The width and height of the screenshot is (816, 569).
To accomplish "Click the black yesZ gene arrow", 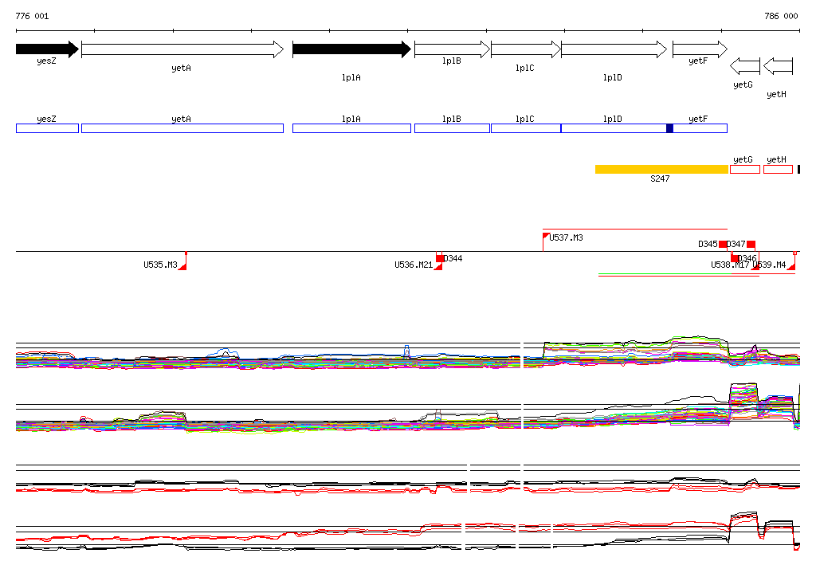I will [x=46, y=49].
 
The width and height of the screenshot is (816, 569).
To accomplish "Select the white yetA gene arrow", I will [x=182, y=49].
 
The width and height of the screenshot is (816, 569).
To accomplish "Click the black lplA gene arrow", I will [x=351, y=49].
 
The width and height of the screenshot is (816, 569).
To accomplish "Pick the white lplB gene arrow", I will [x=452, y=49].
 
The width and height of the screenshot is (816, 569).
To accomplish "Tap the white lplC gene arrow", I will [x=525, y=49].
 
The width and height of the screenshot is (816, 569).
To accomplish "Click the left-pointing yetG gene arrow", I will [x=745, y=65].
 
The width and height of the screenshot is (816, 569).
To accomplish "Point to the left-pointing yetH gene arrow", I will [x=778, y=65].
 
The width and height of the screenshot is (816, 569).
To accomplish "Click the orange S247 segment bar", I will [x=661, y=169].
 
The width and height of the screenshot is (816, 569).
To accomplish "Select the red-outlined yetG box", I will [x=745, y=169].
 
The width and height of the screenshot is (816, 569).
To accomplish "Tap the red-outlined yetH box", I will [x=778, y=169].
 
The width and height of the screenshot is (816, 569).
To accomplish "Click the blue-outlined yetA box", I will [x=182, y=128].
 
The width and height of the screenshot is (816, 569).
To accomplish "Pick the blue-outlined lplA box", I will [x=351, y=128].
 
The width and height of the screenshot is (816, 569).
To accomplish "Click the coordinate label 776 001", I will [x=32, y=16].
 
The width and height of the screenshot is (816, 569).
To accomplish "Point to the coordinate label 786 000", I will [x=781, y=16].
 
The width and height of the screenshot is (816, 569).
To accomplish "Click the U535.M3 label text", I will [x=160, y=265].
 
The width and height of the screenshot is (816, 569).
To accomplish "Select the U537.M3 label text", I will [x=567, y=237].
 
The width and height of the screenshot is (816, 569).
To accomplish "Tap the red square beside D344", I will [x=439, y=257].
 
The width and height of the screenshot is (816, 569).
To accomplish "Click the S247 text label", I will [x=660, y=179].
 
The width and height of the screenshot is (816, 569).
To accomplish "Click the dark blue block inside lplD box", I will [x=669, y=128].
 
